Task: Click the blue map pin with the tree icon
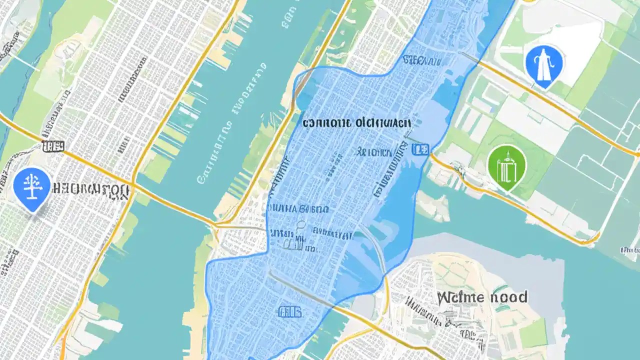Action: [x=32, y=189]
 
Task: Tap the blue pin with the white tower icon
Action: [x=544, y=64]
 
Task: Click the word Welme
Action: [x=460, y=297]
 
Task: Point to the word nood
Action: [x=508, y=297]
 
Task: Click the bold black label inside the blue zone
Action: [x=356, y=122]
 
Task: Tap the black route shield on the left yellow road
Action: [x=53, y=146]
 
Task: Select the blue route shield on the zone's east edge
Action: [x=419, y=148]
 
